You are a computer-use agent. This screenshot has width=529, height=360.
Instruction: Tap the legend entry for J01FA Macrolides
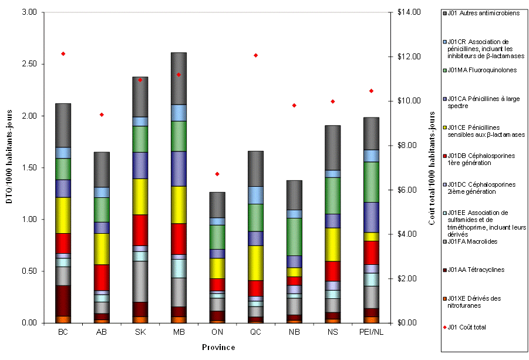472,241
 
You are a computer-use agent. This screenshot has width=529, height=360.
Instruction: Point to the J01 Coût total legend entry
466,327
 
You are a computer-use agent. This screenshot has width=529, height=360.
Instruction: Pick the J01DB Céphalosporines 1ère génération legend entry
481,159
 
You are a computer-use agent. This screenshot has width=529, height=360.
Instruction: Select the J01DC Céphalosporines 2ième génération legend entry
481,188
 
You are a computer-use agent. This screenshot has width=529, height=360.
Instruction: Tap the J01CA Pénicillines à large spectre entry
482,102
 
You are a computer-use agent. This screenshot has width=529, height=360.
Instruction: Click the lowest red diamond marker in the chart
217,174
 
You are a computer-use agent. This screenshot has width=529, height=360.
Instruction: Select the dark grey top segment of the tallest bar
178,78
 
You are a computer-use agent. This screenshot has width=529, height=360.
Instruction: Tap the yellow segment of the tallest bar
178,204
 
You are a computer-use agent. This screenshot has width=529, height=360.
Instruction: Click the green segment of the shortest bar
217,237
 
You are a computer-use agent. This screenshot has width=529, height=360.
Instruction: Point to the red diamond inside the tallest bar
178,75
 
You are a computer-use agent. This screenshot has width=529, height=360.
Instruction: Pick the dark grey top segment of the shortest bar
217,204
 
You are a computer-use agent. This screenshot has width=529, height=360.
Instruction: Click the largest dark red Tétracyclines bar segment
63,301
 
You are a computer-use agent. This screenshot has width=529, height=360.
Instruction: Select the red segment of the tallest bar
178,238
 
